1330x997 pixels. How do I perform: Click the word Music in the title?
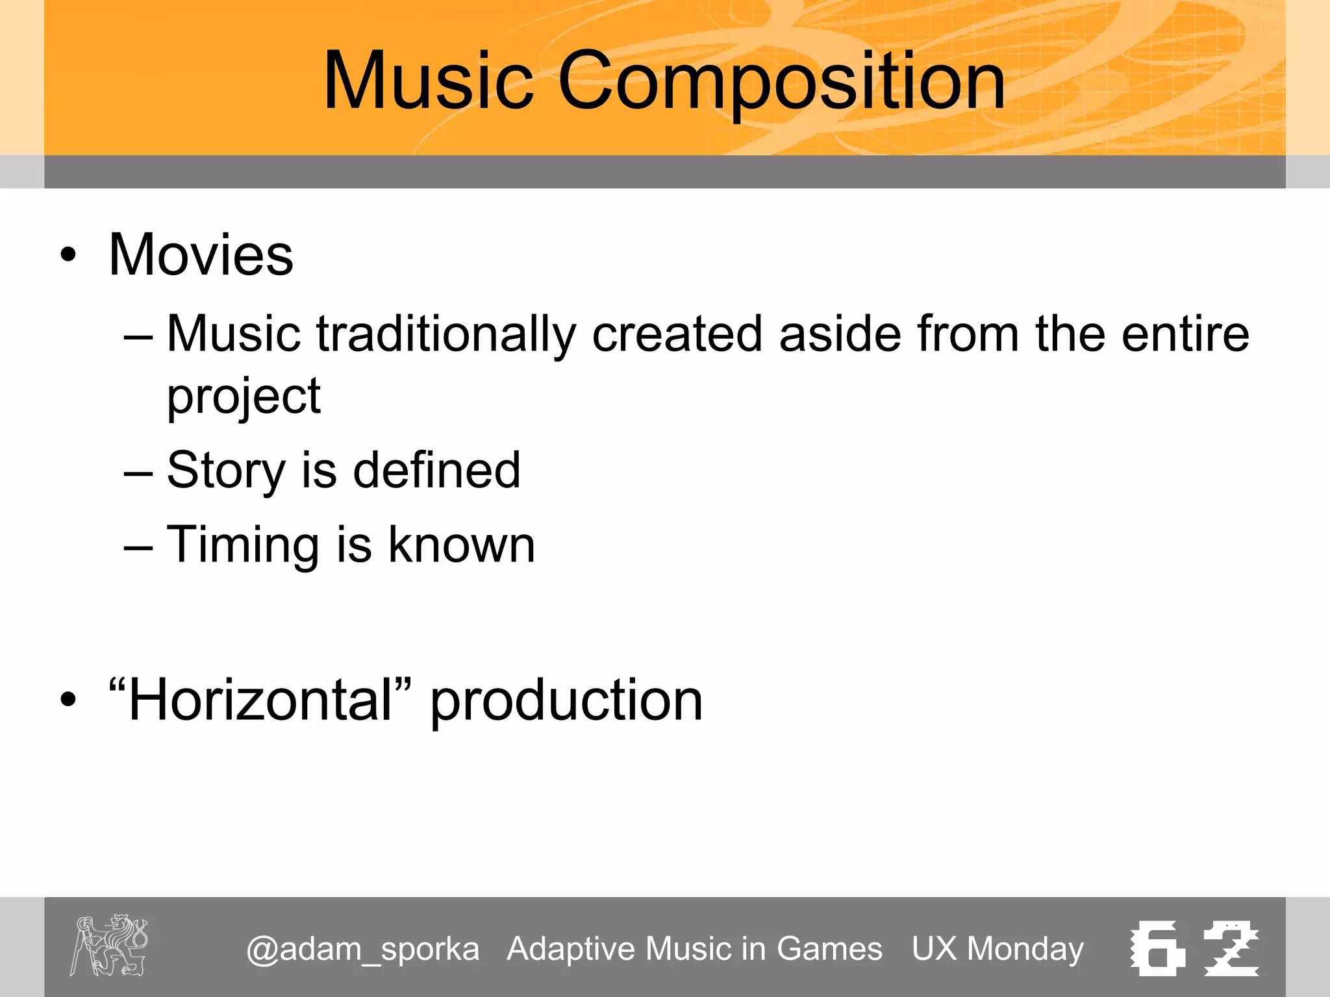428,81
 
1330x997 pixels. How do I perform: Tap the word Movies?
201,254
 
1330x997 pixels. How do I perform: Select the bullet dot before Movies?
68,255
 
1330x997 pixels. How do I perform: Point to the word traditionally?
446,335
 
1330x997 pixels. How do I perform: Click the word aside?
840,334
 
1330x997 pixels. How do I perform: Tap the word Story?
226,471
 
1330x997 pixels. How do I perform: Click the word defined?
436,470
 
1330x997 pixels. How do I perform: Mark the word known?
461,545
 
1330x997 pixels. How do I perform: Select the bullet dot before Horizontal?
68,700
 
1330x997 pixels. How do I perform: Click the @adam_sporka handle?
362,949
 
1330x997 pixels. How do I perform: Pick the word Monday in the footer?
1025,949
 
